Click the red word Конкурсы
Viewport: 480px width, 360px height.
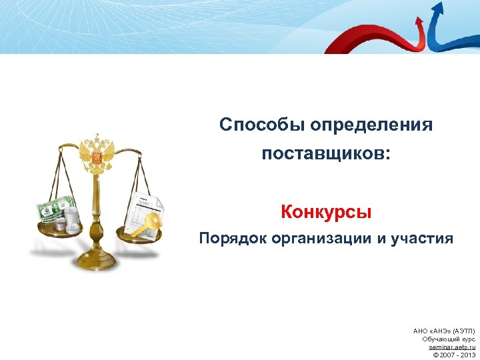326,213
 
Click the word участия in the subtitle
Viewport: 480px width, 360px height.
421,239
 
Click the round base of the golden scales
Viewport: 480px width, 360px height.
97,261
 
